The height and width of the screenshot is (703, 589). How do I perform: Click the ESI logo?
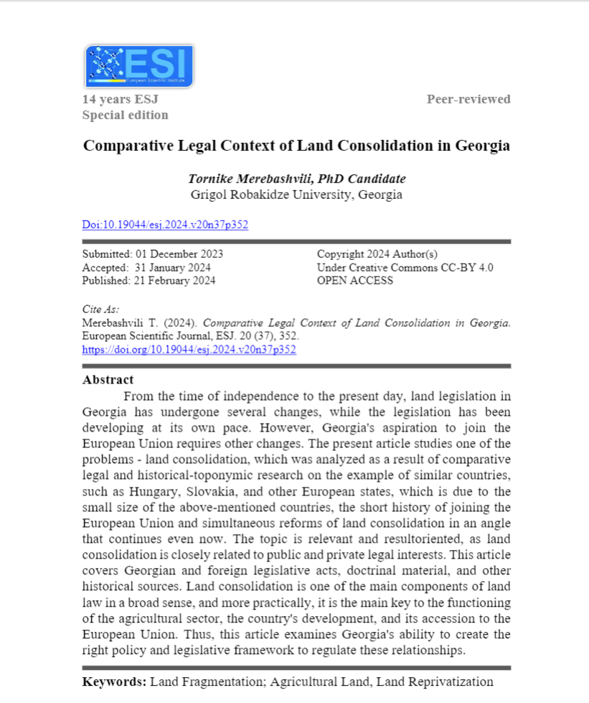point(139,66)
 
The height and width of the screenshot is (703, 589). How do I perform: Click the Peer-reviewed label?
point(468,99)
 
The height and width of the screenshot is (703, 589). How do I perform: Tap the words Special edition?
point(126,115)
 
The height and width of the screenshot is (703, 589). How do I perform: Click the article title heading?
point(296,145)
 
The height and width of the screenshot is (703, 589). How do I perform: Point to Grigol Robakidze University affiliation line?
point(296,195)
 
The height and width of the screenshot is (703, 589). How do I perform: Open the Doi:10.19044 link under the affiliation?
point(165,225)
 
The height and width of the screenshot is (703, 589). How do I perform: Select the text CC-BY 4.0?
point(469,267)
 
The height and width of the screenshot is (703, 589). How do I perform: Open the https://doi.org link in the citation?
point(189,350)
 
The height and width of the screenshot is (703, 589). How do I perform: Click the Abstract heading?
point(108,380)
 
